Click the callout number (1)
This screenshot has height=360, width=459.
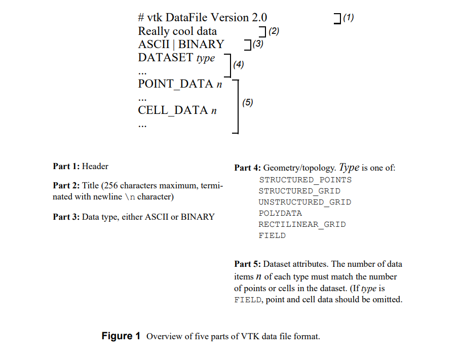(348, 18)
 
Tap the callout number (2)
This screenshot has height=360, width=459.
(274, 31)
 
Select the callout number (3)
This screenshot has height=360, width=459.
(258, 45)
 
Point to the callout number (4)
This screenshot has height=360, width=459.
(238, 65)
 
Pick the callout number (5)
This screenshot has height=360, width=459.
(247, 103)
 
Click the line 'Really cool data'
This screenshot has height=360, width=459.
(177, 31)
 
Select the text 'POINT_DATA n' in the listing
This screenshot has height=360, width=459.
(180, 84)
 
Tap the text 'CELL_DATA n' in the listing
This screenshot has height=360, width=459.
(177, 110)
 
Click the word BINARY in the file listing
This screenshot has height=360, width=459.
(201, 45)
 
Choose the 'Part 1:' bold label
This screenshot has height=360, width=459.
(66, 166)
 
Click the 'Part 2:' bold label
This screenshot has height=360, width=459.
(66, 186)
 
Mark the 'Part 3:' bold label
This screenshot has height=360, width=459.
(66, 217)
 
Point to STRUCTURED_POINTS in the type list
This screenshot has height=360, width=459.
(305, 180)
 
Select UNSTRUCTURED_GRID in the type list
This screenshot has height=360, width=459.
(304, 202)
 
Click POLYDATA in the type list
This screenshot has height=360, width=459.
(280, 213)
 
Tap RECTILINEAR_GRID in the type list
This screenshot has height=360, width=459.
(302, 224)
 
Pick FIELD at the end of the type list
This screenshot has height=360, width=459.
(272, 235)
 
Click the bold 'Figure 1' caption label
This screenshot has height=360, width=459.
(121, 337)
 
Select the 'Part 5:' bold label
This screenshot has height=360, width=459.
(248, 264)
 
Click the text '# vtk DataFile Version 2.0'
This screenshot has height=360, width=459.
(203, 18)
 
